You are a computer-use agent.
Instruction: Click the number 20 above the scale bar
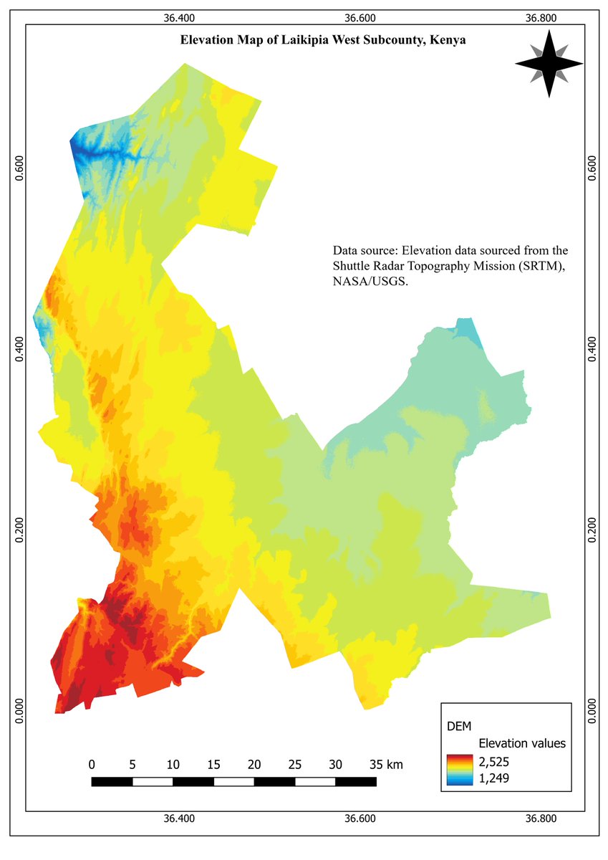pyautogui.click(x=254, y=765)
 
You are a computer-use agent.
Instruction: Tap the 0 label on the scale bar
pyautogui.click(x=92, y=765)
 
